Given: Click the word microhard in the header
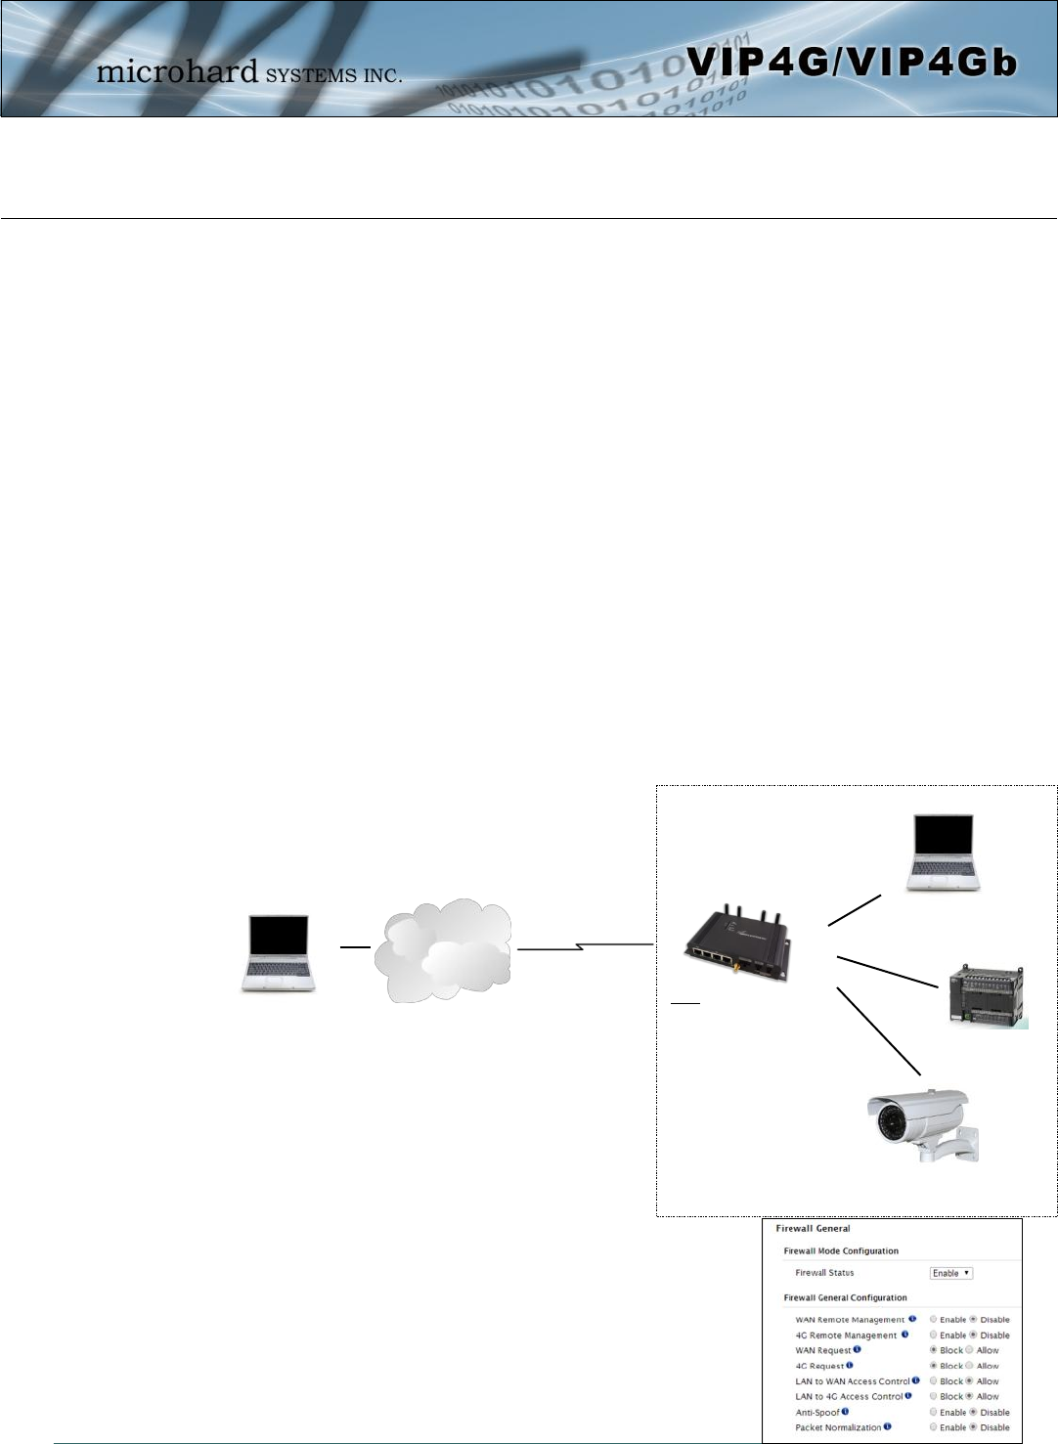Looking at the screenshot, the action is point(177,71).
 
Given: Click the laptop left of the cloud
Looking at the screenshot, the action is point(279,954).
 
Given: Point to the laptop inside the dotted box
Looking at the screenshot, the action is point(943,852).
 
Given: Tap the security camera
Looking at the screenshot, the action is point(919,1123).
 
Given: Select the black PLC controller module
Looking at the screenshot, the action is point(987,995).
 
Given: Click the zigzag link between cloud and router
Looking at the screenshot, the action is point(584,946).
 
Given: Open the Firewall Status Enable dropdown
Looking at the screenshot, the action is point(950,1273).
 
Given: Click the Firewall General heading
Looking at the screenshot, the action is point(813,1229).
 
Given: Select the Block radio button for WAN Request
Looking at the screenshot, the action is point(934,1350).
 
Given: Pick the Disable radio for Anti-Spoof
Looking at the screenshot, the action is point(973,1413).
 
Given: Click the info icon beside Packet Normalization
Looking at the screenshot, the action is point(888,1427).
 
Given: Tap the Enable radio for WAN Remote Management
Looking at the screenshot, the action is point(934,1320).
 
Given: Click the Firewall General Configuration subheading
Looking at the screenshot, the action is point(845,1298).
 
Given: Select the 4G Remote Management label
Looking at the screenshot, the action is point(846,1335).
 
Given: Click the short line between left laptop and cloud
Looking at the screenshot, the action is point(354,947).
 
